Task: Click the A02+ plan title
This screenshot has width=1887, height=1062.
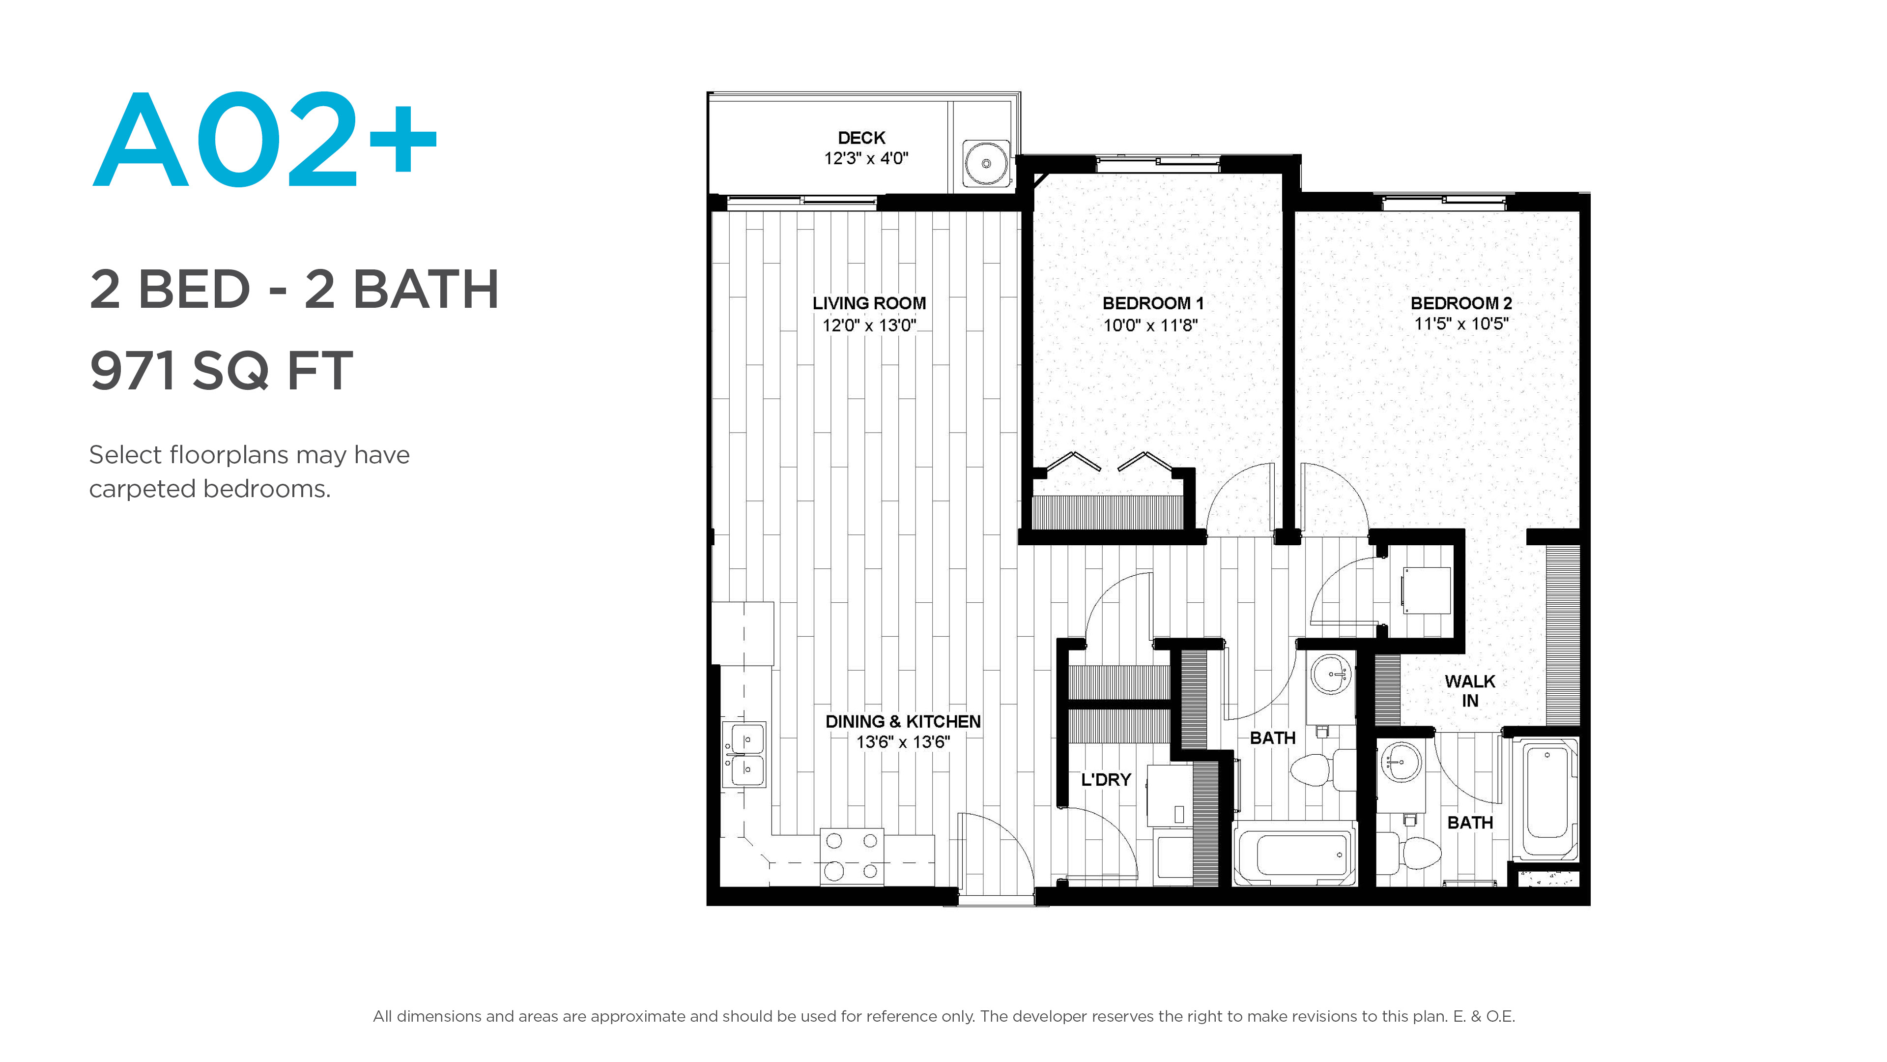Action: pos(265,139)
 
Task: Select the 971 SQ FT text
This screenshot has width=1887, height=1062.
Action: pos(221,370)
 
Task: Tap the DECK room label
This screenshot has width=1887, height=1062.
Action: pos(861,138)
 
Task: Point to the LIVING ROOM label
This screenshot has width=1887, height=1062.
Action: pos(869,303)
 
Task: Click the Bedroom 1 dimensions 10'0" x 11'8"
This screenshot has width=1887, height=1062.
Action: pos(1150,325)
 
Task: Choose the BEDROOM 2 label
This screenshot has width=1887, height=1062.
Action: pos(1461,303)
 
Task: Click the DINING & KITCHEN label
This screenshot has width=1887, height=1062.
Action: pos(903,722)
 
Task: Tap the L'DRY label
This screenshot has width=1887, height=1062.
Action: pos(1106,780)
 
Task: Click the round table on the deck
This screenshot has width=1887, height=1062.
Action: pos(986,163)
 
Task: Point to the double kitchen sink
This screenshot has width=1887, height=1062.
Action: pos(744,755)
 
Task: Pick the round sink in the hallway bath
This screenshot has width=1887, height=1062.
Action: pos(1330,674)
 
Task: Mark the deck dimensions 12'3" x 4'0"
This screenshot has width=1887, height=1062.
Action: pos(866,158)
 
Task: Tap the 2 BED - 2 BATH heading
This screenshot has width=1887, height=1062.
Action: pos(294,290)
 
